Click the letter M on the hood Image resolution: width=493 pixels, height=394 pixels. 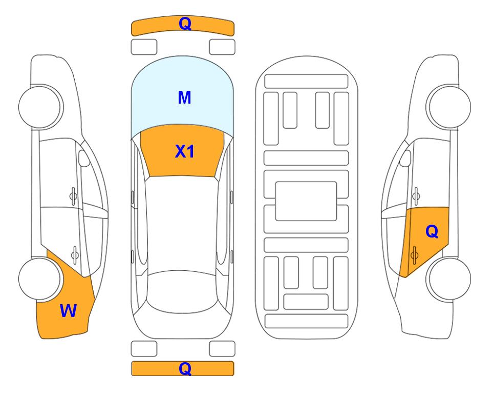point(184,97)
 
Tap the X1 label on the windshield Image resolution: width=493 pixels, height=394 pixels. point(185,151)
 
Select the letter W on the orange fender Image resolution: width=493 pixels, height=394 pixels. point(68,311)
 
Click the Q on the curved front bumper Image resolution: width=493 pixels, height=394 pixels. point(185,24)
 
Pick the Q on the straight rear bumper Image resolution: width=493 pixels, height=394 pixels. point(185,368)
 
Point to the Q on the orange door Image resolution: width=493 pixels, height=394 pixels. point(432,232)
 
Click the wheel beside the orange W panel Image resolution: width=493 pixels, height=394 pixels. point(40,279)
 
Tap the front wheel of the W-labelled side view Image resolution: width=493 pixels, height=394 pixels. point(40,107)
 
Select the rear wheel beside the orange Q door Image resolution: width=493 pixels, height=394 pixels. point(449,279)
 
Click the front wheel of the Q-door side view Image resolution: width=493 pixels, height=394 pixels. point(449,107)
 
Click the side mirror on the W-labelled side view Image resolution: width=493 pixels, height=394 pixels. point(83,158)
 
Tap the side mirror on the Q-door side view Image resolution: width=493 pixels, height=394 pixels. point(405,158)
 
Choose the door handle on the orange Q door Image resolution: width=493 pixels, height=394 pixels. point(414,255)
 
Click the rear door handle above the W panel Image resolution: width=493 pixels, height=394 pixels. point(75,254)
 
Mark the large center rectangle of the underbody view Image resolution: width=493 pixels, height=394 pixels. point(306,201)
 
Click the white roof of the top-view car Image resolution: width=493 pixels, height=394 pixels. point(182,222)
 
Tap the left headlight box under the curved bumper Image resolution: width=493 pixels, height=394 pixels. point(144,47)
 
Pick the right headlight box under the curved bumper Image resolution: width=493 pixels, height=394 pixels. point(222,47)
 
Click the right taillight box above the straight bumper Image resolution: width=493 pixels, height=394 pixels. point(222,349)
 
